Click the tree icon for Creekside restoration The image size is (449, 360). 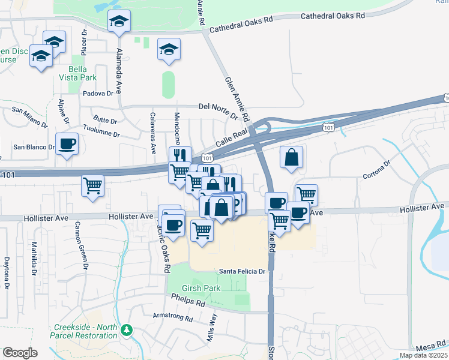[x=127, y=331]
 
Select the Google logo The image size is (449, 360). [x=20, y=353]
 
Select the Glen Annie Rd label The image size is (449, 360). [x=237, y=98]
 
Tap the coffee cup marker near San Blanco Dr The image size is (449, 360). [x=67, y=144]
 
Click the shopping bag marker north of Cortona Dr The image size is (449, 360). [x=291, y=158]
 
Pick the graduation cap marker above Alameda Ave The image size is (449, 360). [x=119, y=22]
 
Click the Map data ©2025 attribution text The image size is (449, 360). [x=423, y=355]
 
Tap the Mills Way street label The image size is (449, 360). [x=211, y=328]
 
